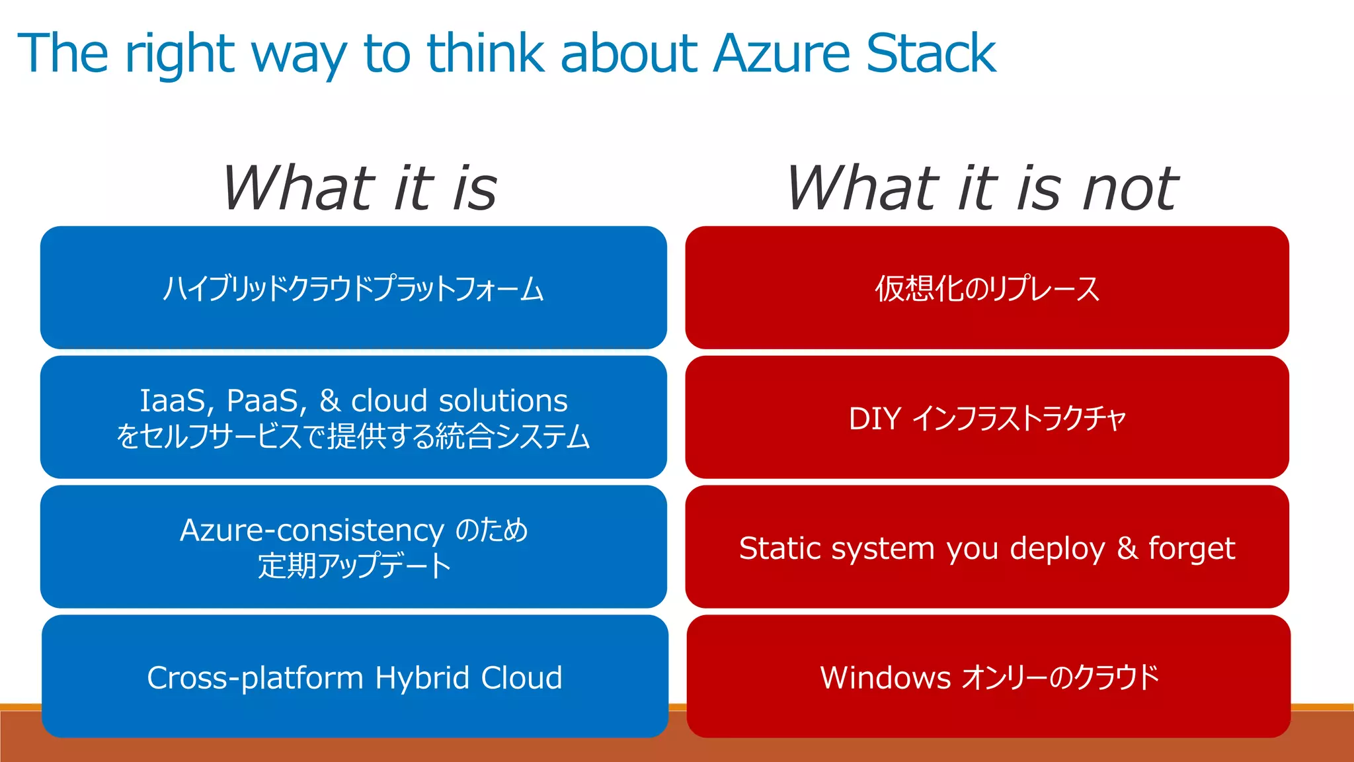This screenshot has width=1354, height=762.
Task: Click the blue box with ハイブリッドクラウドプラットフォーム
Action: click(x=353, y=288)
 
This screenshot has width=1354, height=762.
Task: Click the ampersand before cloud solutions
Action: click(x=329, y=401)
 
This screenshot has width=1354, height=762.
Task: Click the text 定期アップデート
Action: click(x=354, y=566)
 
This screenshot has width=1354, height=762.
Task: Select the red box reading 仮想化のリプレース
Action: click(x=986, y=288)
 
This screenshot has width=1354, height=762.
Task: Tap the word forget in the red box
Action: click(x=1191, y=548)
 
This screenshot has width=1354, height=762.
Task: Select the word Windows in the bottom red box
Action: click(x=885, y=678)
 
